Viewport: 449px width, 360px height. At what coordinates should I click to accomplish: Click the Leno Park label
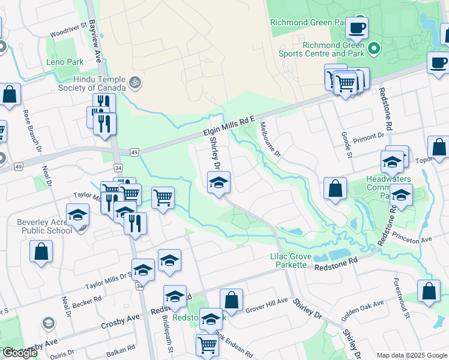[64, 62]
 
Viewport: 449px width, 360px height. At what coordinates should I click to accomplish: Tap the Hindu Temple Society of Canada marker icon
[135, 81]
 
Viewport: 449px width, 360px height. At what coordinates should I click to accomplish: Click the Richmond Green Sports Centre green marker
[373, 47]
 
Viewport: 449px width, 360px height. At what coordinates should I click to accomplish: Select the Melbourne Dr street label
[270, 140]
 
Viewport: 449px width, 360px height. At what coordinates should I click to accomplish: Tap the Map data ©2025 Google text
[411, 355]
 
